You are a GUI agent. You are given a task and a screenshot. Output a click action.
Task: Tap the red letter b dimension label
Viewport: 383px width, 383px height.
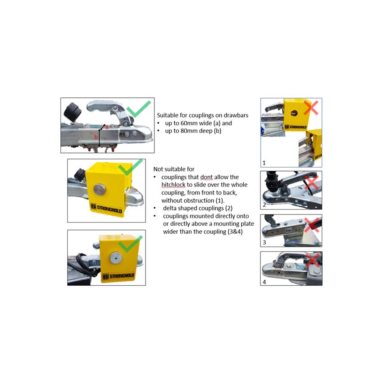click(96, 137)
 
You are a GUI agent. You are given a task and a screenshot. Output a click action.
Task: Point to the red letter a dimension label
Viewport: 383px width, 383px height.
click(107, 127)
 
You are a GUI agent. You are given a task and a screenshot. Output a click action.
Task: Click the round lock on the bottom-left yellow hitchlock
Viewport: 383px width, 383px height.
click(116, 258)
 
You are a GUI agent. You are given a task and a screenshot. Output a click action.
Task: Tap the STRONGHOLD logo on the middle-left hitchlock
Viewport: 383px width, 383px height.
click(106, 208)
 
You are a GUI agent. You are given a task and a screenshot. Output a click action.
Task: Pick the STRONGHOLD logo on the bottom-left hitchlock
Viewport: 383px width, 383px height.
click(118, 276)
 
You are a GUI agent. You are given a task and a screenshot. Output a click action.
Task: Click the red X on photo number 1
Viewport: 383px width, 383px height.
click(311, 108)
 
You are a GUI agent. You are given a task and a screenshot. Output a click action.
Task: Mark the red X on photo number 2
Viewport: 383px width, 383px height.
click(311, 183)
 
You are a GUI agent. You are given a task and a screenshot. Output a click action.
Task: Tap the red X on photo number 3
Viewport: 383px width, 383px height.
click(312, 225)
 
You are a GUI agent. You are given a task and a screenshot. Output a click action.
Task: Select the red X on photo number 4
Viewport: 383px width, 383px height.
click(312, 260)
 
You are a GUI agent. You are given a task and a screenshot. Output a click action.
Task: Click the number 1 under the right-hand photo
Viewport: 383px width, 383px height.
click(264, 163)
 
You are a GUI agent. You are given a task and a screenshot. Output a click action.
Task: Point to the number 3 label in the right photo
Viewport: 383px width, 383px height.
click(264, 242)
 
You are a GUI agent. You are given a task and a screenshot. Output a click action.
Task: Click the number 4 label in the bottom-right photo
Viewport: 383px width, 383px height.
click(264, 282)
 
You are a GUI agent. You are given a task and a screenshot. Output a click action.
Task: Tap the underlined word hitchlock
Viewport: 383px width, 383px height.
click(173, 185)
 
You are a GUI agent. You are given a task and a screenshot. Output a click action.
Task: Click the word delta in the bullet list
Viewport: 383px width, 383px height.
click(170, 208)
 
